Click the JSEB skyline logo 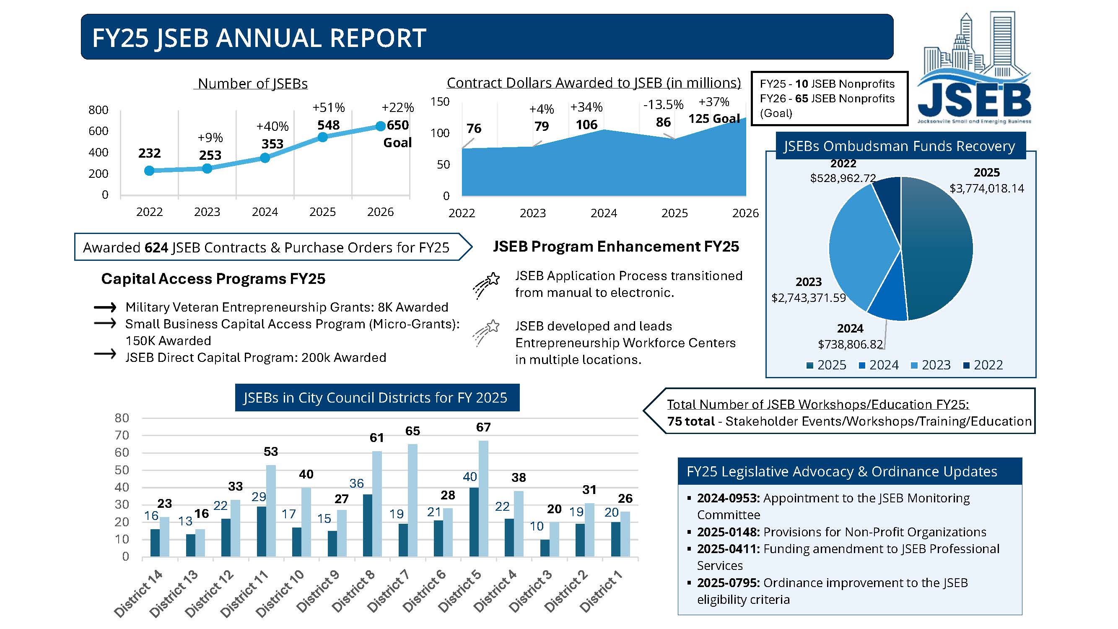click(974, 70)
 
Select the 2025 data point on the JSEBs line click(322, 137)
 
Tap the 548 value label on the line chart click(328, 125)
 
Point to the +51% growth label click(329, 107)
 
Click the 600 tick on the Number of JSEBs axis click(98, 131)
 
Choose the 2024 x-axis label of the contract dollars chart click(604, 213)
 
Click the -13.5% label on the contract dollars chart click(663, 104)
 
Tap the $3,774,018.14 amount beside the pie click(986, 188)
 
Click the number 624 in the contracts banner click(156, 248)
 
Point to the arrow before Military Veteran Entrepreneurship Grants click(105, 308)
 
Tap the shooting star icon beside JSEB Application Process click(486, 284)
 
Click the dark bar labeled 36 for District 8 click(368, 525)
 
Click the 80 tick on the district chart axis click(122, 418)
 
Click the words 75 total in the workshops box click(691, 421)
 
